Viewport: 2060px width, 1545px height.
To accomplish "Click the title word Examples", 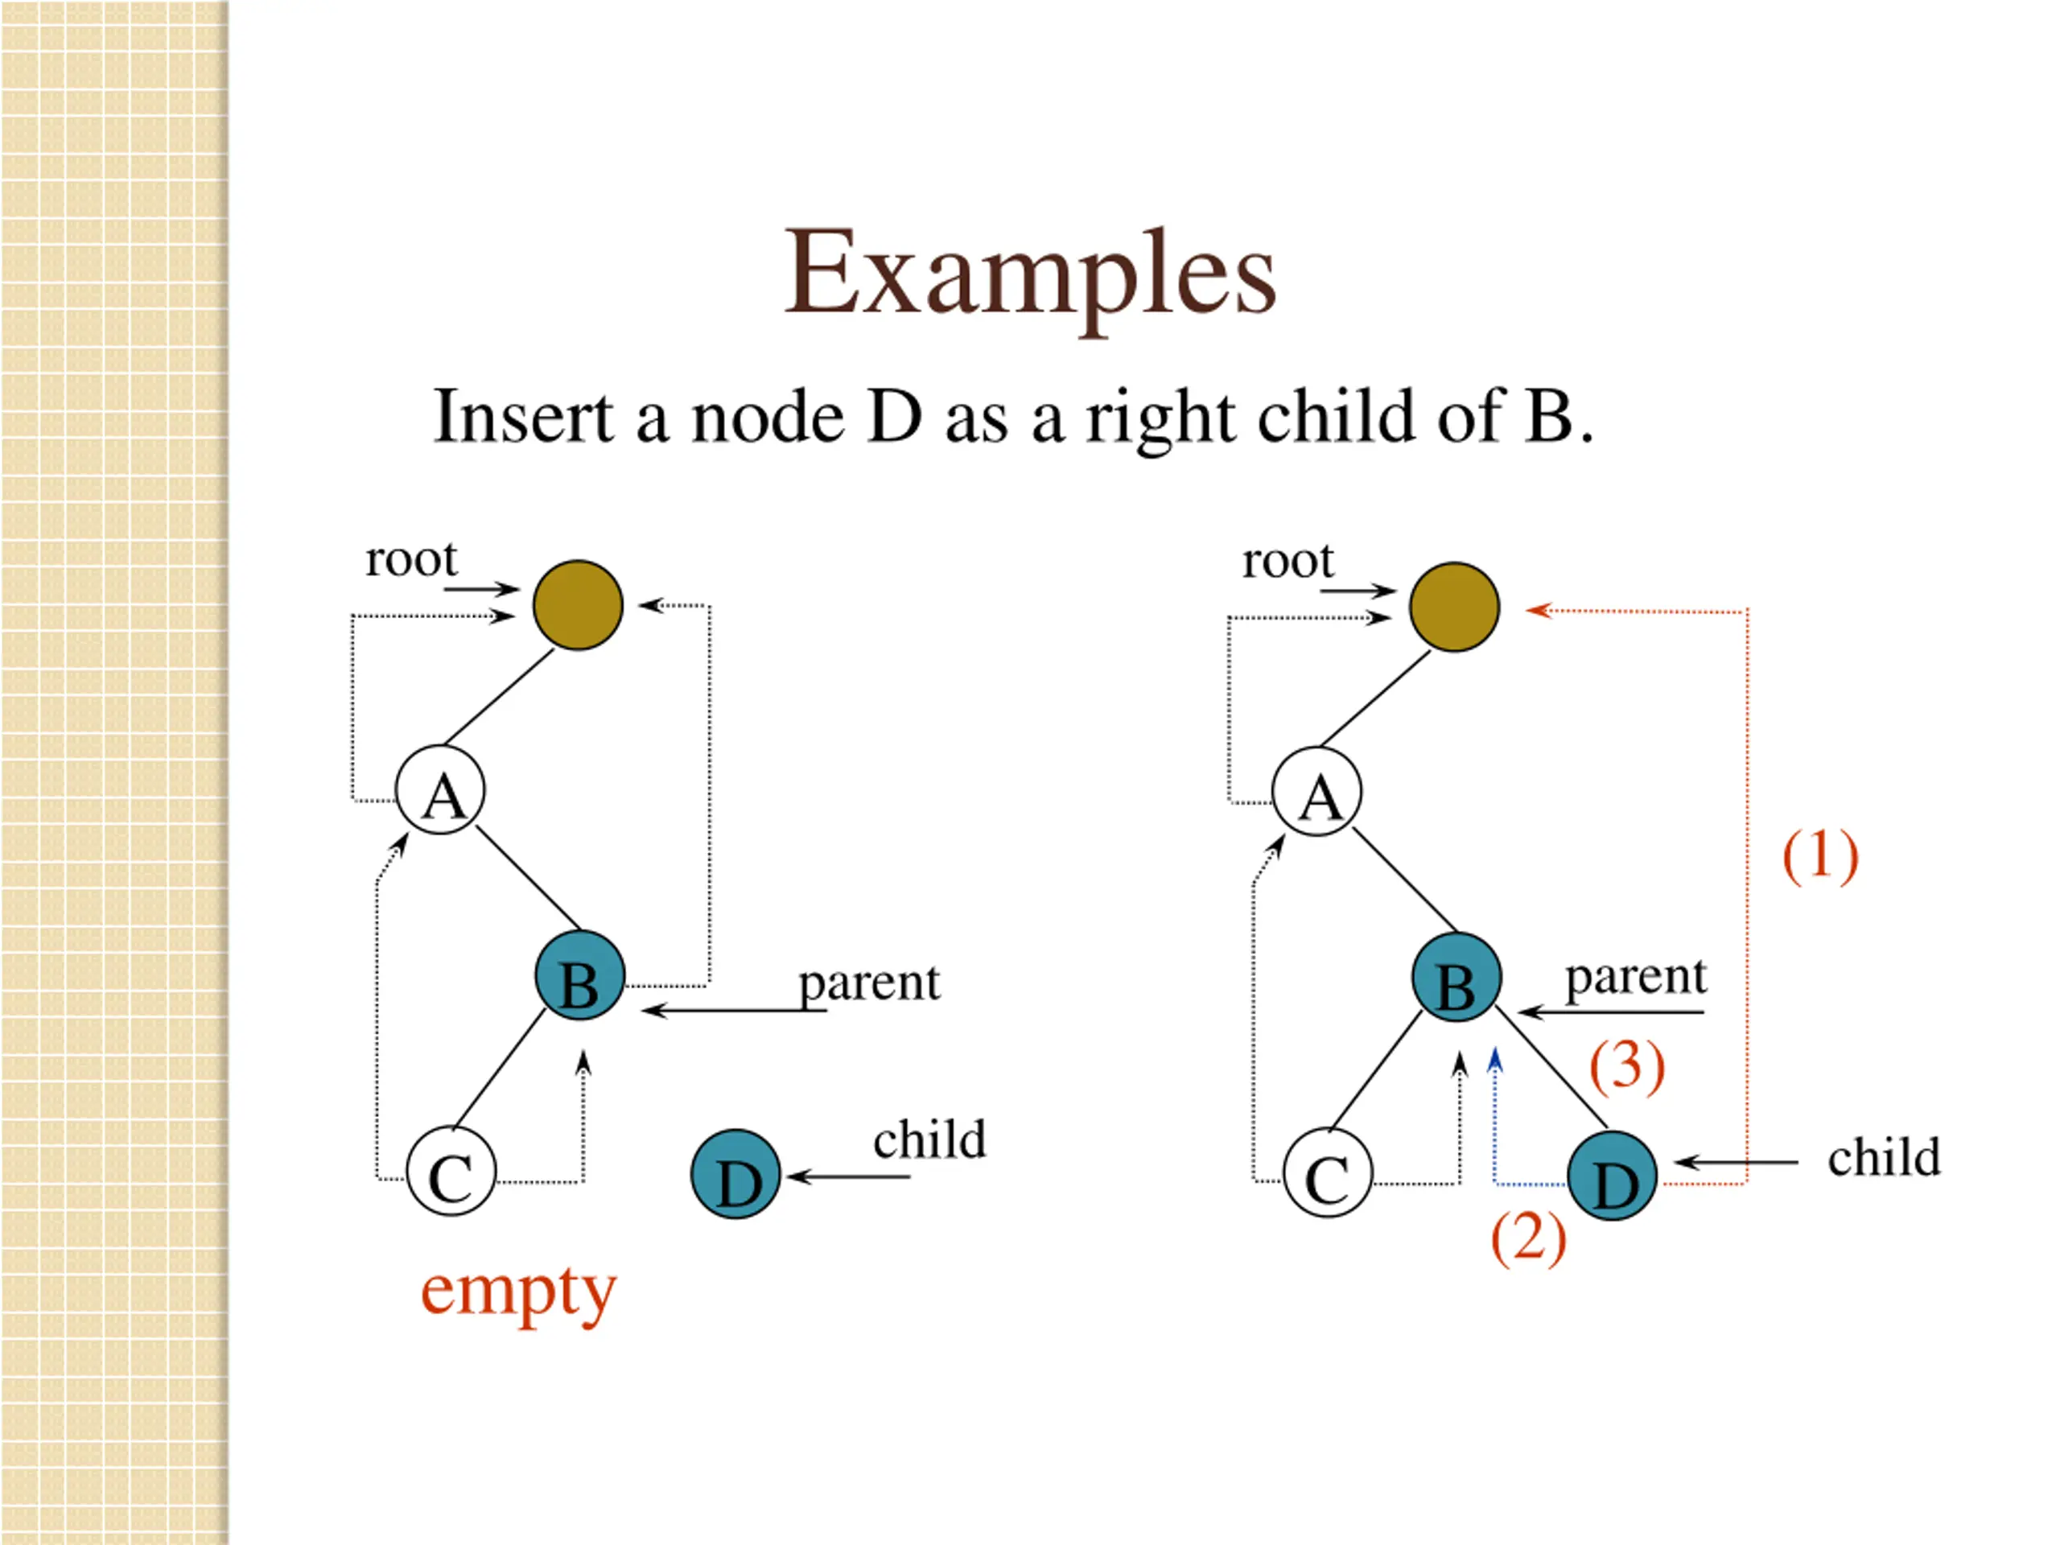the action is click(x=1030, y=274).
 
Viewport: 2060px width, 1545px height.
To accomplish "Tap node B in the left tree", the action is click(x=579, y=975).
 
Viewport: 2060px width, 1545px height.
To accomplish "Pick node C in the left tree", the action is click(x=451, y=1171).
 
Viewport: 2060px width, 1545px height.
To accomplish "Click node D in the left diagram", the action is click(x=735, y=1174).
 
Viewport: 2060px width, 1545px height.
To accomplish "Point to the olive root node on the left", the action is click(x=578, y=605).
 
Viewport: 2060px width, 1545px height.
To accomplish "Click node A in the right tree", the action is click(x=1316, y=792).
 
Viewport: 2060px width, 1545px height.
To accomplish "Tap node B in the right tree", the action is click(x=1456, y=977).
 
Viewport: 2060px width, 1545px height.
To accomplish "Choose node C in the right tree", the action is click(x=1328, y=1172).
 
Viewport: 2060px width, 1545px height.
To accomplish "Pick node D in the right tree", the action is click(x=1612, y=1176).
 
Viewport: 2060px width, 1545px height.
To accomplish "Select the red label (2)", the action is click(x=1528, y=1238).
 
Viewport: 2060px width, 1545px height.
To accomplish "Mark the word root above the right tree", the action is click(x=1288, y=561).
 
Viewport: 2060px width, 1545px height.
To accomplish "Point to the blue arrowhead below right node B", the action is click(x=1496, y=1061).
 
